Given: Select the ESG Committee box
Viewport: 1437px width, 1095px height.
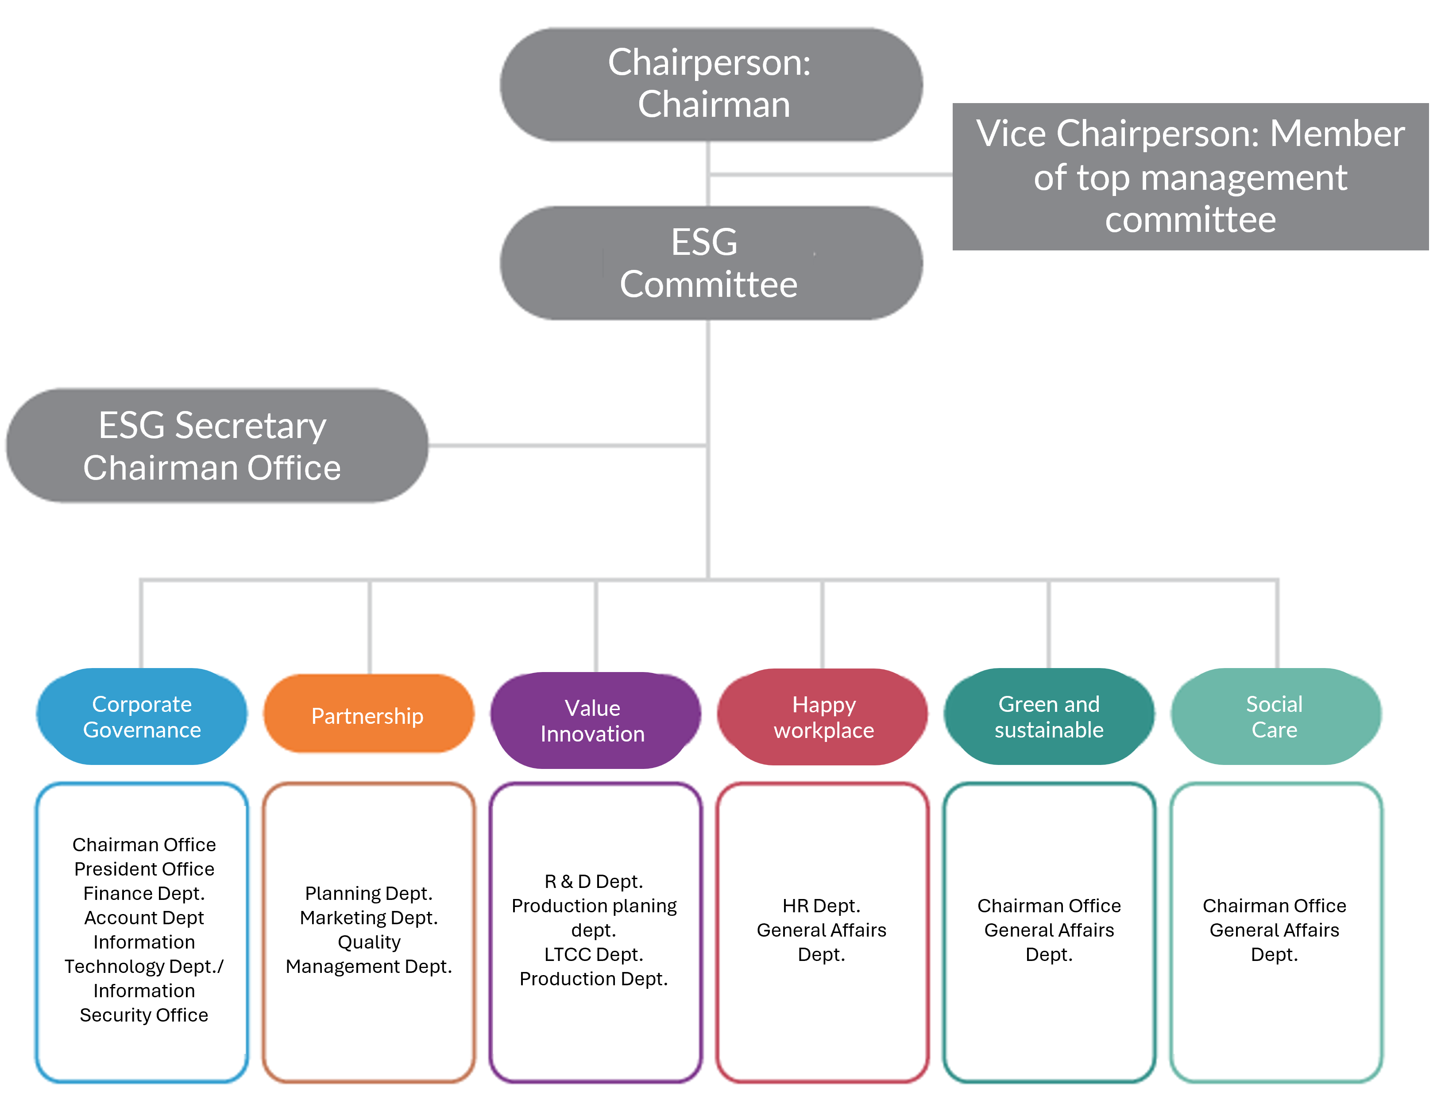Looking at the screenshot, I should pos(711,263).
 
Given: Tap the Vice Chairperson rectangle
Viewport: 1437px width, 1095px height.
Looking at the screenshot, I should pos(1190,176).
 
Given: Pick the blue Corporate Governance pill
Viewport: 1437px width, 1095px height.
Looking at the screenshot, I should pos(142,716).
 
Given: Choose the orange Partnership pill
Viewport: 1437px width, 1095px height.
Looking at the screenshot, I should pos(368,715).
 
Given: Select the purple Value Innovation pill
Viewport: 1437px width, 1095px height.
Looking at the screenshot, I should pos(593,720).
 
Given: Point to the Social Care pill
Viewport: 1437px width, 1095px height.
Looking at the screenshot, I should pos(1275,716).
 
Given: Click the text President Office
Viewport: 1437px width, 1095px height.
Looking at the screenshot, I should pos(144,869).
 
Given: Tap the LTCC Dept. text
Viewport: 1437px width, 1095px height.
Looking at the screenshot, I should pos(593,954).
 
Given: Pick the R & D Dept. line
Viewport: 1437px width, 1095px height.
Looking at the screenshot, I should pos(593,881).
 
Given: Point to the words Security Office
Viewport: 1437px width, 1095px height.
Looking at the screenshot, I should pos(144,1015).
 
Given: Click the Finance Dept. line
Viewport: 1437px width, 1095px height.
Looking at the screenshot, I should pos(144,893).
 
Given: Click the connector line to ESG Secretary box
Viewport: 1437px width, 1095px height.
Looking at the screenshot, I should pos(567,446).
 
